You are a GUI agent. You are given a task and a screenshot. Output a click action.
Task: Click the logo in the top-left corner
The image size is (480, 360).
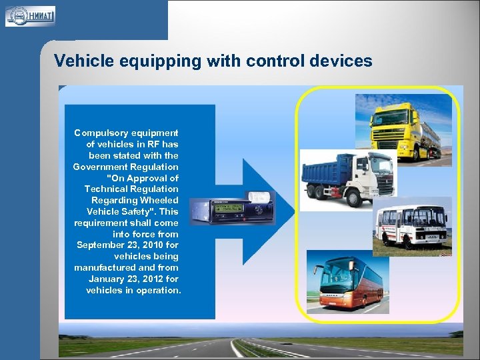[x=30, y=16]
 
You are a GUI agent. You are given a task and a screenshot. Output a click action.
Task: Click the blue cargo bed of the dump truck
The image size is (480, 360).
[x=327, y=169]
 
